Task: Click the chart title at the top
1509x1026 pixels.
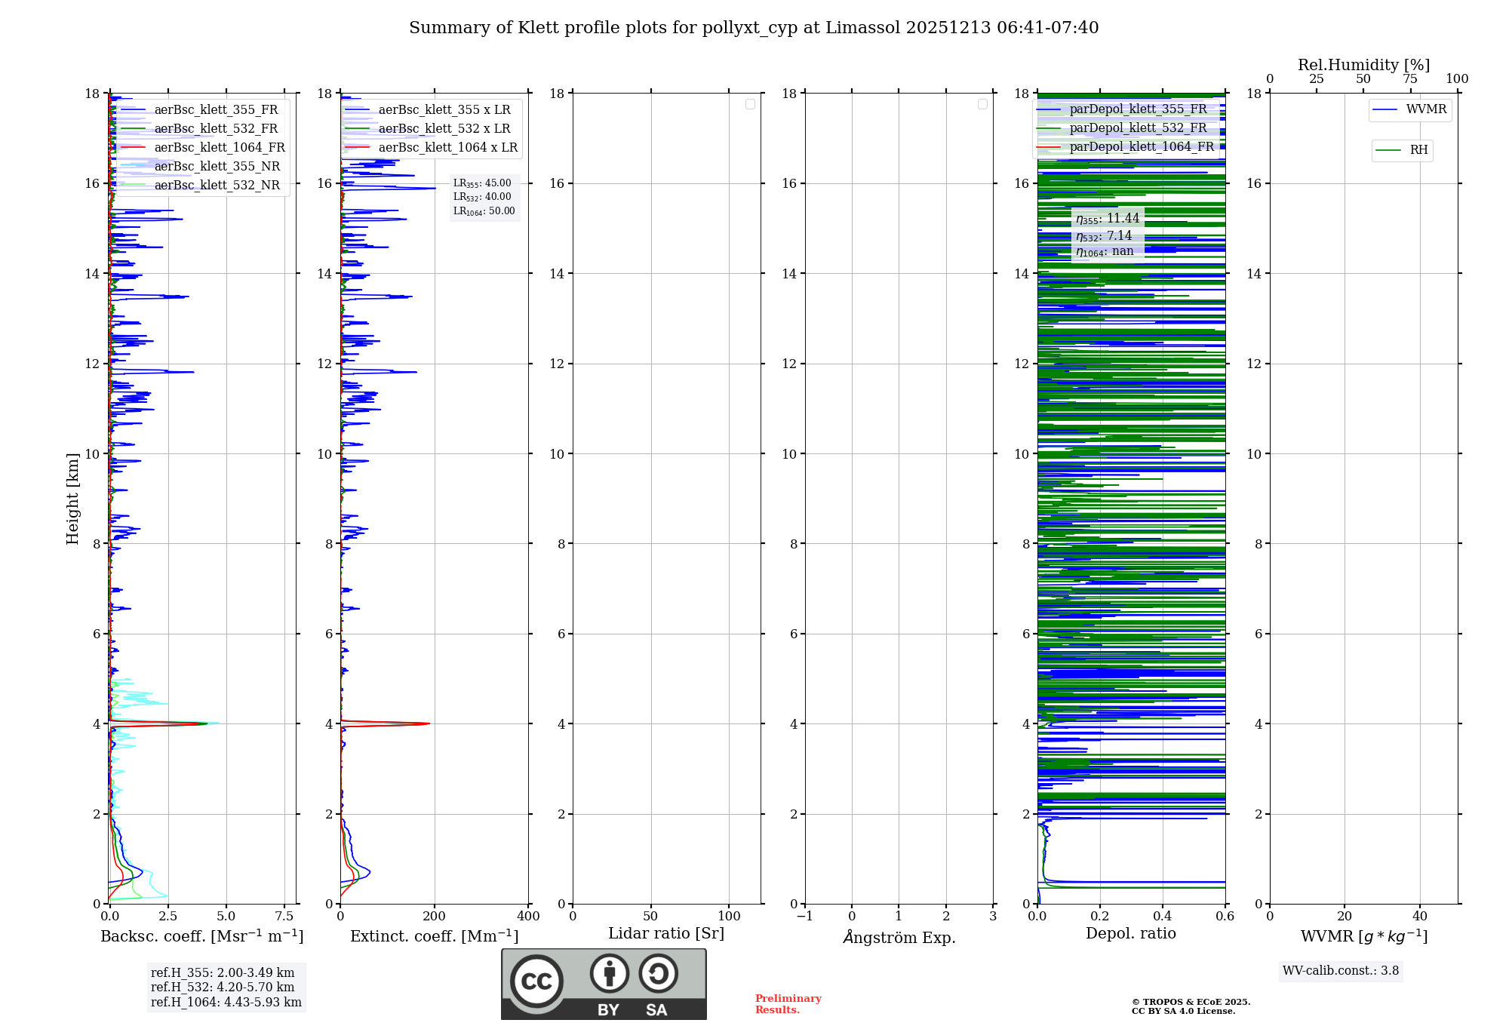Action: pyautogui.click(x=754, y=28)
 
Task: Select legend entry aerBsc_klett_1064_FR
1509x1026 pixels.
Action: pyautogui.click(x=219, y=147)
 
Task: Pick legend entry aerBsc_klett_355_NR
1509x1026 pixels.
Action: pyautogui.click(x=217, y=166)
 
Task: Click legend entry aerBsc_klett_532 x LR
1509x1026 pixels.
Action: pyautogui.click(x=444, y=128)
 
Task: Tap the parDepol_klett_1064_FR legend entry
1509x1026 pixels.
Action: pyautogui.click(x=1141, y=146)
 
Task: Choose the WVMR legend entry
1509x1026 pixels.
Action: pyautogui.click(x=1425, y=109)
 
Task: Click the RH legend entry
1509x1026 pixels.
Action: pyautogui.click(x=1418, y=150)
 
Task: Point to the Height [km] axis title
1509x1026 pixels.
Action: pyautogui.click(x=72, y=498)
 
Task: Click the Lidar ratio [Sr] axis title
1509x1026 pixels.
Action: pyautogui.click(x=666, y=933)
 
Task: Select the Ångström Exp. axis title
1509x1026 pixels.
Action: pyautogui.click(x=899, y=937)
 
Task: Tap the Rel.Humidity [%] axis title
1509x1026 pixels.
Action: pyautogui.click(x=1363, y=65)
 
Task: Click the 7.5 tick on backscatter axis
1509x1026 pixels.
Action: pyautogui.click(x=284, y=916)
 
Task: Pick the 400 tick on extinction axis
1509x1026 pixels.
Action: pyautogui.click(x=528, y=916)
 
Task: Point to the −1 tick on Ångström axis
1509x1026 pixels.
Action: pyautogui.click(x=805, y=916)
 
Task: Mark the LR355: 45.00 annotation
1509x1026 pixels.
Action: pyautogui.click(x=482, y=183)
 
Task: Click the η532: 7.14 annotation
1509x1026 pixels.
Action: pyautogui.click(x=1104, y=236)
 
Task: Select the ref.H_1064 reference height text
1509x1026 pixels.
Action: pyautogui.click(x=226, y=1002)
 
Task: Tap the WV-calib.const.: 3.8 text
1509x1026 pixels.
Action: pyautogui.click(x=1341, y=971)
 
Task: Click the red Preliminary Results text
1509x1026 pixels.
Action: pyautogui.click(x=788, y=1004)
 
